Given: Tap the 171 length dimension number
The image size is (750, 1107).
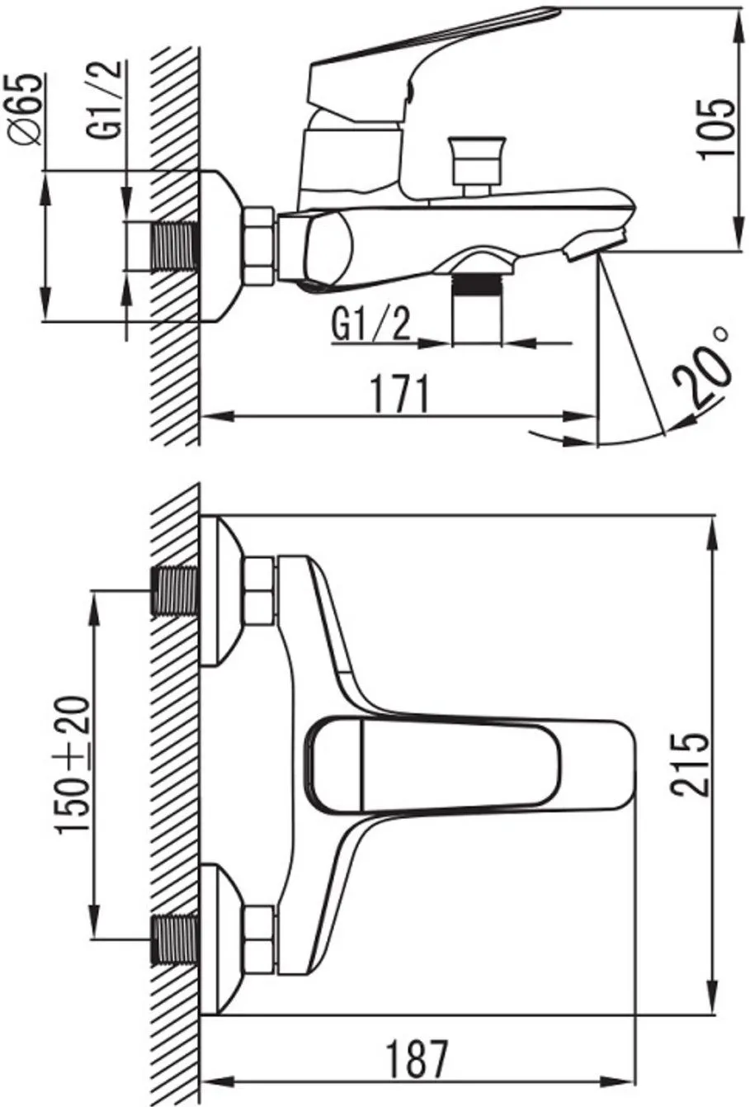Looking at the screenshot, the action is [x=400, y=394].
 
